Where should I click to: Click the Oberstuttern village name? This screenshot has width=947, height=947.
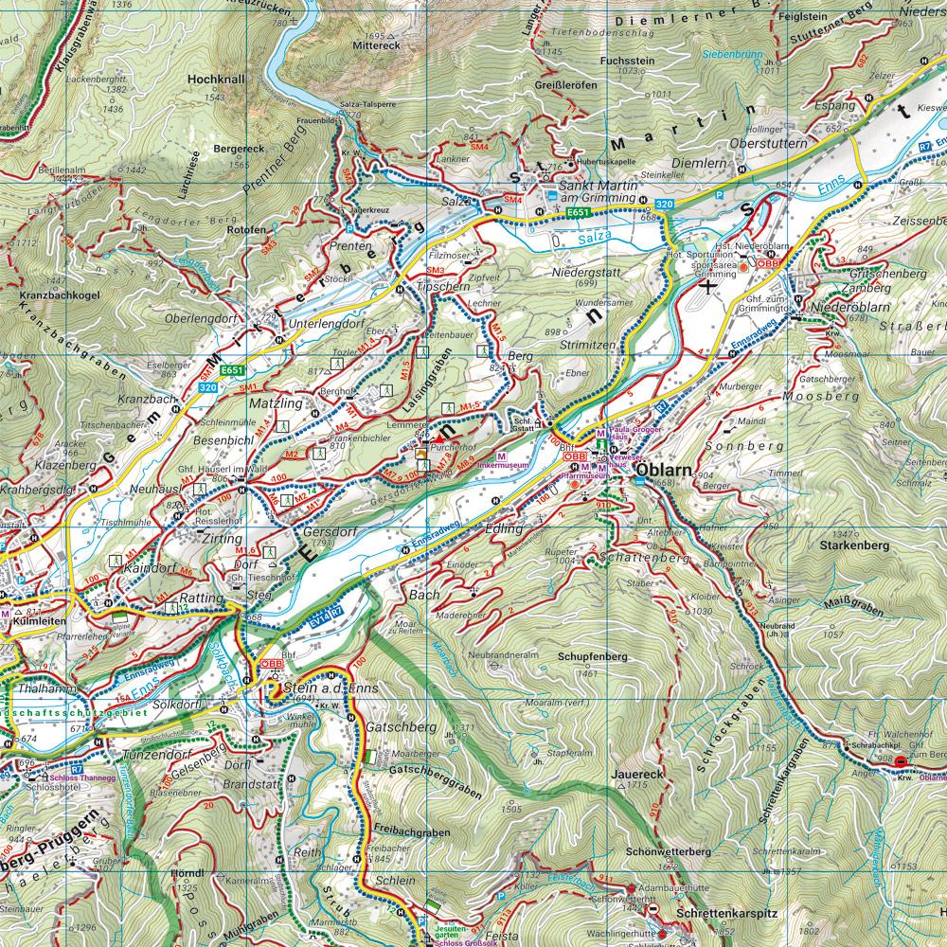(x=768, y=143)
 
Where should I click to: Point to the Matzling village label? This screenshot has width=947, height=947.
(x=276, y=403)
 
